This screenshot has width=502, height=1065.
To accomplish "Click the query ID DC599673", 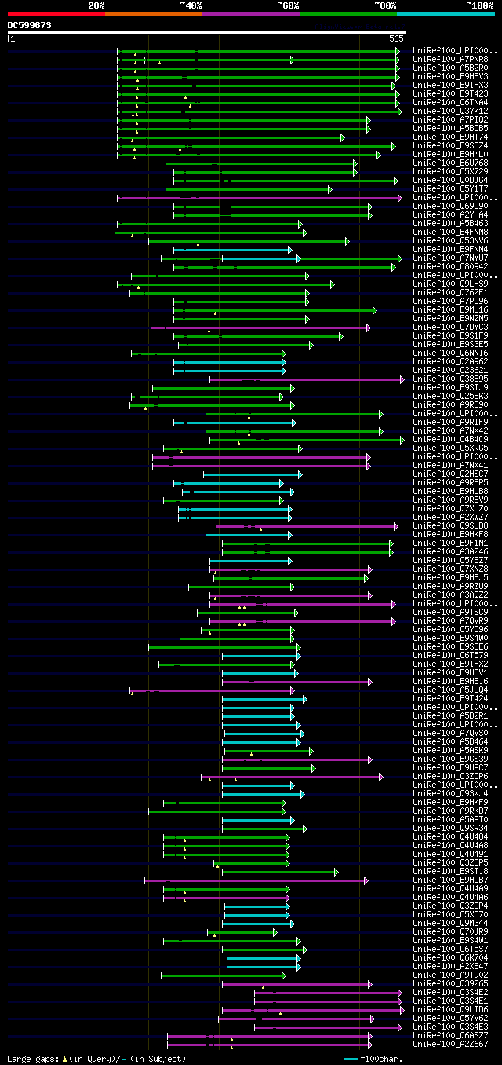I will tap(30, 25).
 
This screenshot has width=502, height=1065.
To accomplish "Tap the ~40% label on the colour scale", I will tap(191, 5).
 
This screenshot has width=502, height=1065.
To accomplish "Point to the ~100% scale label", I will tap(479, 5).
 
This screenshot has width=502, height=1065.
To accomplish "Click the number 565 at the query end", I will tap(396, 38).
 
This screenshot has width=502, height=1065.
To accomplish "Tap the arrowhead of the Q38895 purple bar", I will tap(402, 379).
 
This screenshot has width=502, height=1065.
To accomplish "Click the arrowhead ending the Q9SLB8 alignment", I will tap(396, 526).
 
